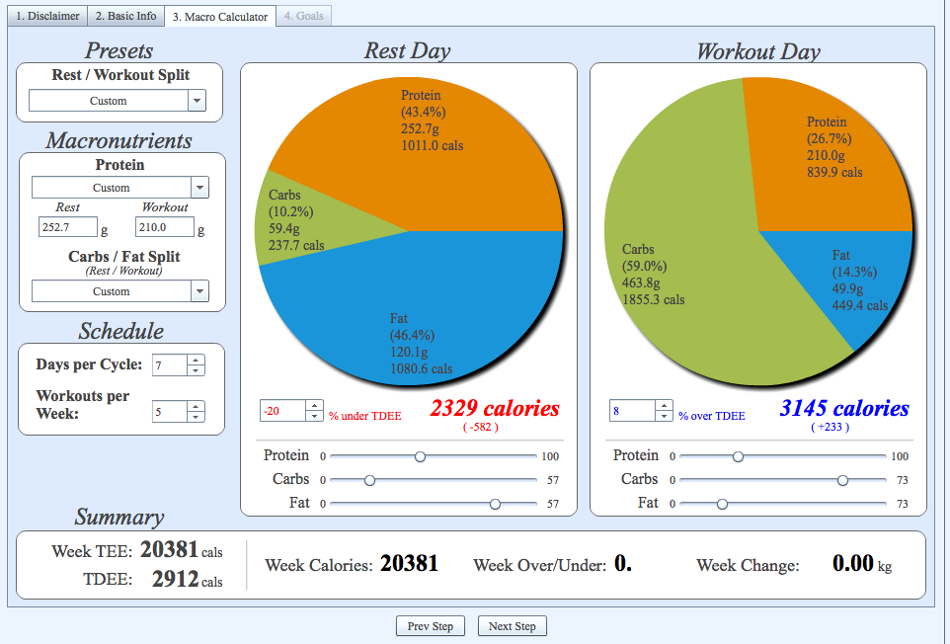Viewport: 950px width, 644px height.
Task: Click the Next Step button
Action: [512, 626]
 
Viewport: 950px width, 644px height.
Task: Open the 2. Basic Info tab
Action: [126, 16]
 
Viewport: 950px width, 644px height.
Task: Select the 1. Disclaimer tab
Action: [47, 16]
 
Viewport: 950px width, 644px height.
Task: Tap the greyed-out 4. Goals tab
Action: [303, 16]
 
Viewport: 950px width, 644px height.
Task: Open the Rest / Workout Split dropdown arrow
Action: [197, 101]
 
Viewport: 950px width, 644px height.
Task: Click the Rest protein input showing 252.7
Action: [67, 227]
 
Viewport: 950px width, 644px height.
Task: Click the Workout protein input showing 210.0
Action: [164, 227]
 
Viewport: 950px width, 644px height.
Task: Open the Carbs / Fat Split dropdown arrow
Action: [199, 291]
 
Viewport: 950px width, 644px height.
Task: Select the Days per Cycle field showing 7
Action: [169, 365]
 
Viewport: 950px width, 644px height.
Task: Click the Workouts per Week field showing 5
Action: [169, 412]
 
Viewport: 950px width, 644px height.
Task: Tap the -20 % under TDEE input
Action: [283, 411]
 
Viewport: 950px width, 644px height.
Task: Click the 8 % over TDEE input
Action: [633, 411]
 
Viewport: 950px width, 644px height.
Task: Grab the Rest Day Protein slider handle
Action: [420, 456]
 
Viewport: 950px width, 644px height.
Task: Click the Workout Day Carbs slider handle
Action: [842, 480]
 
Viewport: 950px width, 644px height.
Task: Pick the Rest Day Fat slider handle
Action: [495, 504]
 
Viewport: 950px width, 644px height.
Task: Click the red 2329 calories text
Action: [495, 408]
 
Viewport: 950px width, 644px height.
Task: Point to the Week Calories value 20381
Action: [409, 563]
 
